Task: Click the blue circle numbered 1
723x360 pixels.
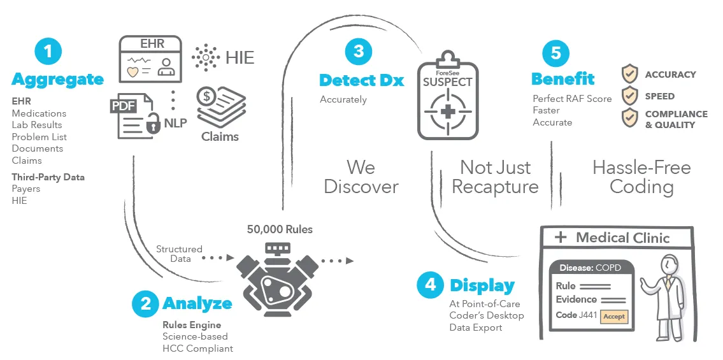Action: tap(48, 52)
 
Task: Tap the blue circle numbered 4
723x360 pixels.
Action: tap(430, 284)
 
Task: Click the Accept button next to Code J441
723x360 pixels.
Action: tap(614, 316)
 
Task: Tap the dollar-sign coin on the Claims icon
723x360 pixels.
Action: tap(207, 97)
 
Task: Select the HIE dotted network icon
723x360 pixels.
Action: tap(205, 58)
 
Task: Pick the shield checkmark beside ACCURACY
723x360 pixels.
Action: tap(629, 74)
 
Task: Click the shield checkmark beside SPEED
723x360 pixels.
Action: tap(629, 96)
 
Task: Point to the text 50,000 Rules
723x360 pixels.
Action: tap(280, 229)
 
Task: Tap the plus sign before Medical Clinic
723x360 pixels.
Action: tap(561, 238)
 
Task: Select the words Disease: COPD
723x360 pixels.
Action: tap(590, 268)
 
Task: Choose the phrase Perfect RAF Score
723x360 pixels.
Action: tap(572, 99)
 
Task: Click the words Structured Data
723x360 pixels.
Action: tap(179, 254)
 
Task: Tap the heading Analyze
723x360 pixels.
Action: tap(197, 303)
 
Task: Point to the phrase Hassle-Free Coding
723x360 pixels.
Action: tap(641, 177)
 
